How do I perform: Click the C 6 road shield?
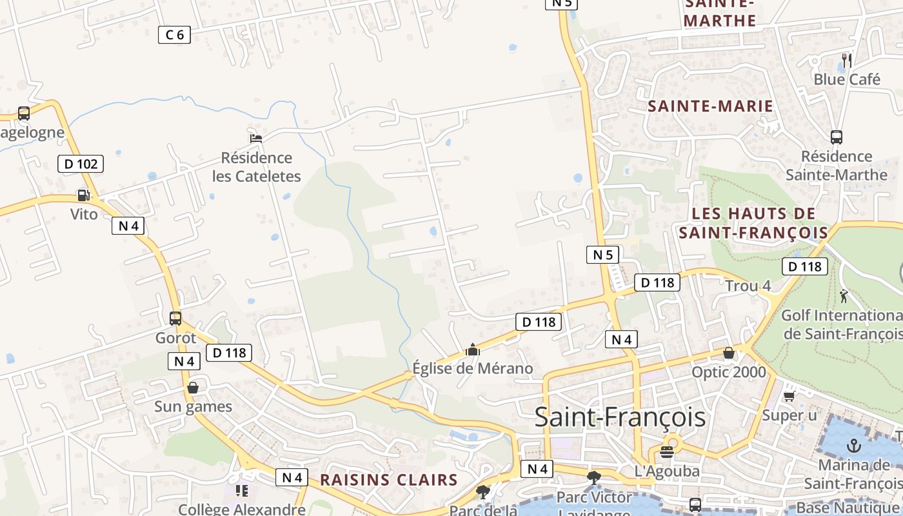[174, 35]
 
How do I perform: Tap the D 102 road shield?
[81, 164]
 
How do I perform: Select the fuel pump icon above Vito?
[83, 195]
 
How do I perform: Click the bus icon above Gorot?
[175, 318]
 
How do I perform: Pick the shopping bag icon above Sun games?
[192, 388]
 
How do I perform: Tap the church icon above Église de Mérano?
[473, 350]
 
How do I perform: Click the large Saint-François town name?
[620, 417]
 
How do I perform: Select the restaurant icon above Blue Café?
[847, 61]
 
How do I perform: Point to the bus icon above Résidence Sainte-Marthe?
[836, 137]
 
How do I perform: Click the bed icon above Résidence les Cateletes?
[256, 138]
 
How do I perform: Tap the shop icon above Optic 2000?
[728, 353]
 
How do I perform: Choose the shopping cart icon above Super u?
[789, 396]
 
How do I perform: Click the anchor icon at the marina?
[853, 446]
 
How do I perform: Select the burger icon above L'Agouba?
[666, 452]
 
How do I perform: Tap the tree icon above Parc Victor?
[593, 478]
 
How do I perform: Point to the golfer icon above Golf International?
[844, 296]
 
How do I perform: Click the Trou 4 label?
[748, 286]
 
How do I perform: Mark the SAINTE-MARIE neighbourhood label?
[710, 106]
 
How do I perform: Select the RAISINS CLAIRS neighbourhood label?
[389, 480]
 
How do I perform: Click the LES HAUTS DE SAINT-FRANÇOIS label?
[753, 223]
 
